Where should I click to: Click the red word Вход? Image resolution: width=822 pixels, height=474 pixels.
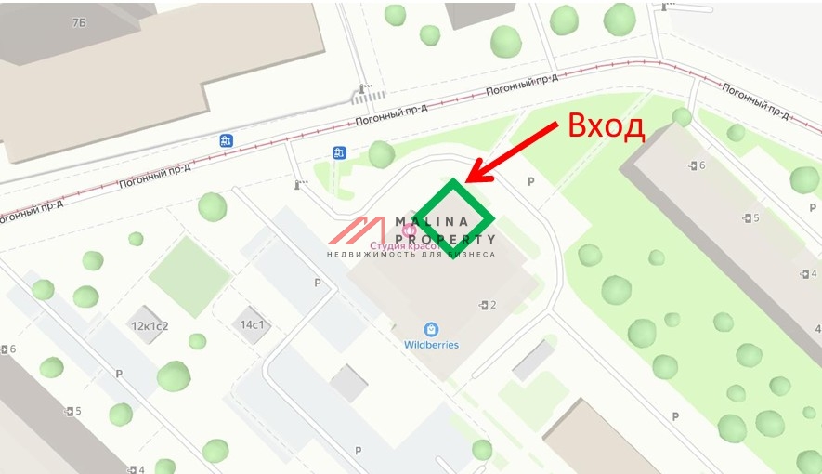606,125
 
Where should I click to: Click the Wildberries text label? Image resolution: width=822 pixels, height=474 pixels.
431,345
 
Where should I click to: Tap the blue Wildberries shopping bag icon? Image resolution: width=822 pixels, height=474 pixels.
431,329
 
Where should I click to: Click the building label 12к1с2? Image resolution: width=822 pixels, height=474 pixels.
150,326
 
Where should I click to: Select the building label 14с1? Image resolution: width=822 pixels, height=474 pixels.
254,325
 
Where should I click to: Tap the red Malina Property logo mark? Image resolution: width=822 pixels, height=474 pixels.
358,231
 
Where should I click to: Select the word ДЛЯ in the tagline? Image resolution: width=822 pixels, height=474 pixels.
434,254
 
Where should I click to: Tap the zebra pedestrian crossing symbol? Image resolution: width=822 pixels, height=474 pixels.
368,95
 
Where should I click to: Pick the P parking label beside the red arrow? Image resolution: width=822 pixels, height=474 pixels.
531,182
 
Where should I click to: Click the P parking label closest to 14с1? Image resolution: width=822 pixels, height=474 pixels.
317,283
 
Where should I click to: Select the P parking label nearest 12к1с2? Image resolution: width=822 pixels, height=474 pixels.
118,374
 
